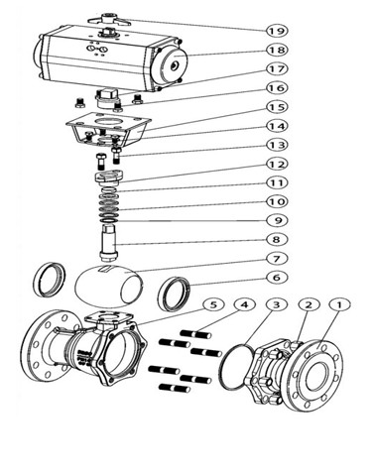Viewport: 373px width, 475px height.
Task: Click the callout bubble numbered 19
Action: (x=277, y=31)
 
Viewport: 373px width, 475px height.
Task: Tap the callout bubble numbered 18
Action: (x=277, y=50)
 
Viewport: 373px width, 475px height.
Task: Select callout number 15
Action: (x=277, y=107)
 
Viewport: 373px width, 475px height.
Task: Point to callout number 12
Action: (x=277, y=164)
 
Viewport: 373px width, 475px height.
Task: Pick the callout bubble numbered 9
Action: (x=277, y=220)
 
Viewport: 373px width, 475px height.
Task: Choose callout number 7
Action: (x=277, y=258)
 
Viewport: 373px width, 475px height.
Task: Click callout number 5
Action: (x=213, y=304)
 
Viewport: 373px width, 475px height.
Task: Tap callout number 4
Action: (x=244, y=304)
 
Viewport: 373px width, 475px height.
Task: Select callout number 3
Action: (x=277, y=304)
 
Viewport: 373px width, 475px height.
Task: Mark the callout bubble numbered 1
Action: (x=339, y=304)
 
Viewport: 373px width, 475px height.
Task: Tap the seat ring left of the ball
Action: (x=51, y=280)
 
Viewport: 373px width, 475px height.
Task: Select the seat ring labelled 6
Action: (x=174, y=295)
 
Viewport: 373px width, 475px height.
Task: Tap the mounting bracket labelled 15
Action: (x=108, y=129)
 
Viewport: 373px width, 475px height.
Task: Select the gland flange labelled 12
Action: (x=109, y=177)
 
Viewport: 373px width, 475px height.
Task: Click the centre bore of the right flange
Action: (x=317, y=375)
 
